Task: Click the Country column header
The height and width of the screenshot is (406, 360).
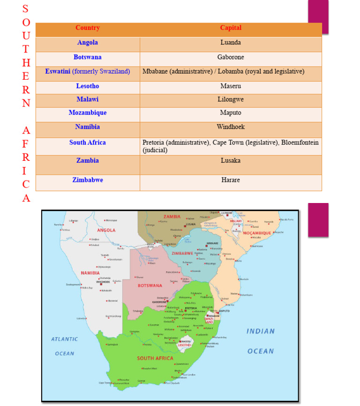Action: click(88, 28)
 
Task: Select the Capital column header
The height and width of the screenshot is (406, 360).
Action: click(231, 28)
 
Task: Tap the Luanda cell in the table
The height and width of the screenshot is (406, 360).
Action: click(231, 42)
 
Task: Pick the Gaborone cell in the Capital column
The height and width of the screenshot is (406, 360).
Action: click(231, 57)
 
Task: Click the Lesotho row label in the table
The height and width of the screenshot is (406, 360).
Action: click(88, 86)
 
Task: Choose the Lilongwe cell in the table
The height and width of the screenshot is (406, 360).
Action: click(231, 99)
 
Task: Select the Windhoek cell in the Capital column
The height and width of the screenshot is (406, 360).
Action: click(231, 127)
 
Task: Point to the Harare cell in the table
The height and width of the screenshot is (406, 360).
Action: click(231, 180)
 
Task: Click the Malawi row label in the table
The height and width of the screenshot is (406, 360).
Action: click(88, 99)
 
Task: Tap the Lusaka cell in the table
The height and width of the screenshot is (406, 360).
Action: click(231, 160)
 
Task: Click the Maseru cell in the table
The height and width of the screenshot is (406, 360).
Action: click(231, 86)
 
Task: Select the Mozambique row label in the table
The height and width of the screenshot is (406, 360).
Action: click(88, 113)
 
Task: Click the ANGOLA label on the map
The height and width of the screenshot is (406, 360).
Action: click(106, 230)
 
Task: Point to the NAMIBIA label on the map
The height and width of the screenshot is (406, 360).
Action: click(90, 272)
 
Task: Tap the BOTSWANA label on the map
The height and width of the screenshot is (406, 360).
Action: click(150, 285)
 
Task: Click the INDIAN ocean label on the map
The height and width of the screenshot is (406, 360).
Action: click(261, 331)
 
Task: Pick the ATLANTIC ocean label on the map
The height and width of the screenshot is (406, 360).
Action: click(65, 339)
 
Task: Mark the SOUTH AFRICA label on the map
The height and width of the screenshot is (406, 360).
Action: click(155, 358)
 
